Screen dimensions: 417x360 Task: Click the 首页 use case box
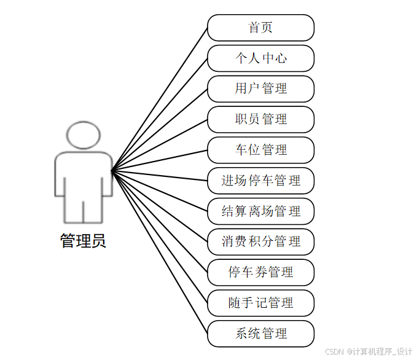[260, 28]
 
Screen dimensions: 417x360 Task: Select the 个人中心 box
[260, 58]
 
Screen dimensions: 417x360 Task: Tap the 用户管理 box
[260, 88]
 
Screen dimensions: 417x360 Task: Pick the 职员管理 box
[260, 119]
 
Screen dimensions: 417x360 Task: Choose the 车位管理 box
[260, 150]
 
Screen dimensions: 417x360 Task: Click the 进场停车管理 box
[260, 181]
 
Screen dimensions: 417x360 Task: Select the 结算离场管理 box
[260, 211]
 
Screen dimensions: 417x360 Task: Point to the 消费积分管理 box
[260, 241]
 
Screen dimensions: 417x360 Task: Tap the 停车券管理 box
[260, 272]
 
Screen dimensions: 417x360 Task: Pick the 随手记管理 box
[260, 303]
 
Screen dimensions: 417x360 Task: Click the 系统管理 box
[260, 334]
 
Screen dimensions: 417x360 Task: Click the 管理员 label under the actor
[83, 241]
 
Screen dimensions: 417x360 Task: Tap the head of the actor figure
[83, 135]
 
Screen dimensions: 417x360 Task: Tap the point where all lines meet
[112, 170]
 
